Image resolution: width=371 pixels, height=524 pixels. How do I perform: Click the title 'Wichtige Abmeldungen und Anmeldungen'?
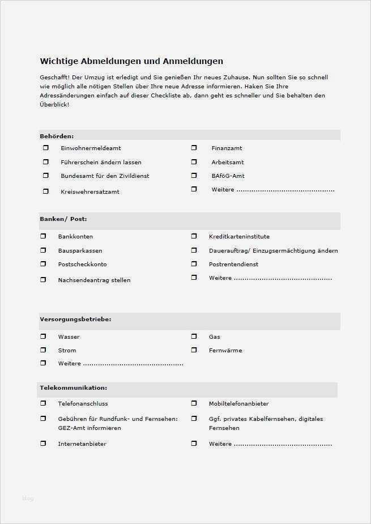click(131, 61)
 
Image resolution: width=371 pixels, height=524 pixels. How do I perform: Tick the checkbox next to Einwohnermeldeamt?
click(46, 148)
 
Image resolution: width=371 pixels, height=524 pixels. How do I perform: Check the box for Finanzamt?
click(194, 148)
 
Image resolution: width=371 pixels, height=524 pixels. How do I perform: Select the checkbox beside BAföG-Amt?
click(194, 176)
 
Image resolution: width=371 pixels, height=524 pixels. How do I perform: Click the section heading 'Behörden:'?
click(57, 136)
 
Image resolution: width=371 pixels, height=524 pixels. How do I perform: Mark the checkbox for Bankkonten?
click(43, 236)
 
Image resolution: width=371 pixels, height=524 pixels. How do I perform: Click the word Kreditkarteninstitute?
click(239, 236)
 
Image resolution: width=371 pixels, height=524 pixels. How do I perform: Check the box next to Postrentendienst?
click(194, 264)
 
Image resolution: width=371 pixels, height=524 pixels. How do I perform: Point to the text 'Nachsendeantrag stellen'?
click(94, 280)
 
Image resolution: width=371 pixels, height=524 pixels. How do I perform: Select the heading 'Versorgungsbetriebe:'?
click(75, 319)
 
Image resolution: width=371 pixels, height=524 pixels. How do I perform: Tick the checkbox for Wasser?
click(43, 336)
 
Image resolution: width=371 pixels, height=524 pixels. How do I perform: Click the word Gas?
click(214, 336)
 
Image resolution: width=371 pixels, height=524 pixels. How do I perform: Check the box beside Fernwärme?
click(194, 350)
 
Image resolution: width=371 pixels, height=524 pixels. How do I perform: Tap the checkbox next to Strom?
click(43, 350)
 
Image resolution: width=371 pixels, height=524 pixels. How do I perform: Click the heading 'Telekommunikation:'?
click(73, 388)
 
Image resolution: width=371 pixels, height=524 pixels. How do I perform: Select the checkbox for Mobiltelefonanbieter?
click(194, 403)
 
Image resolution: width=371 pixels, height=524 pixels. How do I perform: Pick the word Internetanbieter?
click(82, 444)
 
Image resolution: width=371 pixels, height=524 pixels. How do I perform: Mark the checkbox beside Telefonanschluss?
click(43, 403)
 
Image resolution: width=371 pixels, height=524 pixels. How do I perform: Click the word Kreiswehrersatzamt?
click(90, 191)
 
